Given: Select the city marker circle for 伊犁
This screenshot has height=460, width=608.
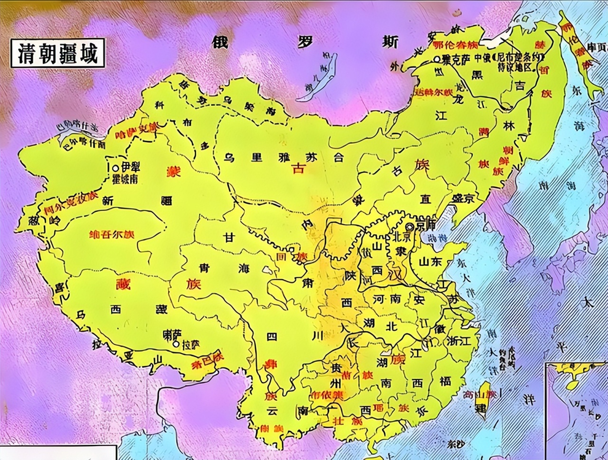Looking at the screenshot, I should (x=115, y=168).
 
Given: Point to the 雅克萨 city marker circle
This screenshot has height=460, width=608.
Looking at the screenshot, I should (x=437, y=59).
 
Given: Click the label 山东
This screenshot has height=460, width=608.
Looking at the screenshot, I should (x=430, y=261).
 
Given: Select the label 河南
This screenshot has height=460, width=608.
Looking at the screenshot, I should (x=386, y=300).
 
